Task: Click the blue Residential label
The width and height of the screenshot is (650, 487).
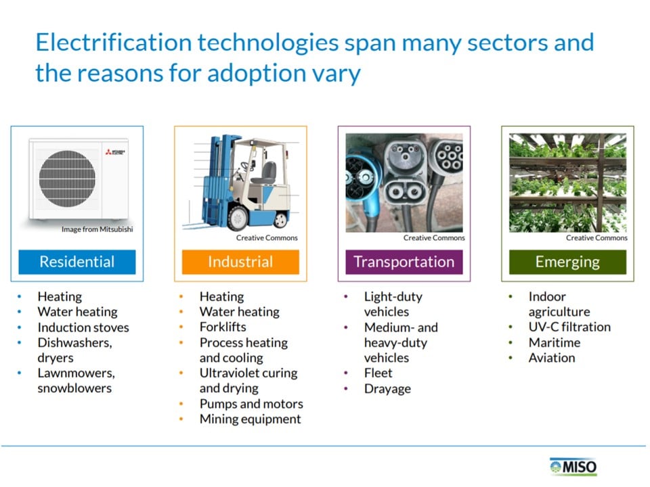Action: point(77,262)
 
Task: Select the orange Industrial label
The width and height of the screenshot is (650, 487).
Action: point(240,262)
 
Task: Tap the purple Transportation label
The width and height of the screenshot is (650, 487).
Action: point(404,262)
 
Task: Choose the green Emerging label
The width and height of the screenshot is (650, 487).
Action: point(567,262)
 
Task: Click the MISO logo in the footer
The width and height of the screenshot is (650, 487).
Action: point(573,467)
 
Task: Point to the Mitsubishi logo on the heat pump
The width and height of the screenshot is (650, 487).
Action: point(115,152)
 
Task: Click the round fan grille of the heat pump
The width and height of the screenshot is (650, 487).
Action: point(67,179)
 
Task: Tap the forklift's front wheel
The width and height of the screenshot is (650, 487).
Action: point(238,217)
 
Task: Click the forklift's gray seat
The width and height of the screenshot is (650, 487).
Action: point(265,174)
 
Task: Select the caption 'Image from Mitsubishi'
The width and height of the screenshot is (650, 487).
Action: point(97,229)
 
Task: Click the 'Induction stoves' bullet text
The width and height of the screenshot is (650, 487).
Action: point(83,327)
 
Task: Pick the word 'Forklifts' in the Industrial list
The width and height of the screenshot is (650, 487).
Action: point(223,327)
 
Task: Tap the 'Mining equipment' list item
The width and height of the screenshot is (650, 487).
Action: point(251,419)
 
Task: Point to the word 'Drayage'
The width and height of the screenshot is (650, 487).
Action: point(387,390)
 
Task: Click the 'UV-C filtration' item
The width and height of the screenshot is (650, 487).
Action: point(569,327)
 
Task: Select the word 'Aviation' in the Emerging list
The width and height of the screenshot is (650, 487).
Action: point(552,358)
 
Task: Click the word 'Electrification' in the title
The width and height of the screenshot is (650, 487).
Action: point(114,42)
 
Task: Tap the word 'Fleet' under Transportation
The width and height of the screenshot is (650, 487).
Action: point(378,373)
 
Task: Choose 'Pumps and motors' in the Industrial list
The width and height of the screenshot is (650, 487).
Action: point(251,404)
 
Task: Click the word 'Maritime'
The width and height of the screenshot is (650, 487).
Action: point(555,342)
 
